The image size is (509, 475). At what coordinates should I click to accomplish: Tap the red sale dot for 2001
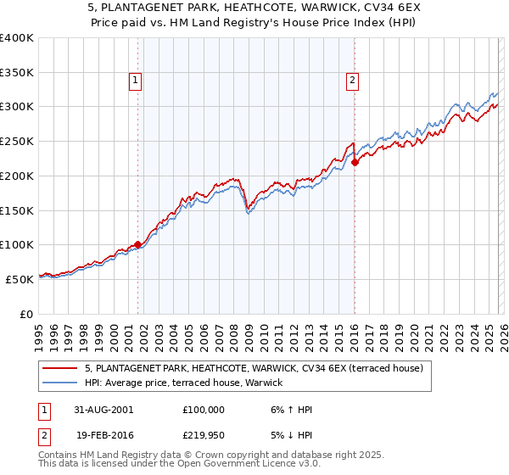[138, 245]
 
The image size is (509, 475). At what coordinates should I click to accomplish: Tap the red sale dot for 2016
[355, 163]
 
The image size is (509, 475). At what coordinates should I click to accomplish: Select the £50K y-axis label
[20, 279]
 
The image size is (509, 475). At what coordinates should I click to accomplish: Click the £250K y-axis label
[17, 141]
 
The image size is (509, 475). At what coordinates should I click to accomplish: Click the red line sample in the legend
[60, 368]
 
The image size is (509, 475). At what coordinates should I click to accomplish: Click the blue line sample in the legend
[60, 383]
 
